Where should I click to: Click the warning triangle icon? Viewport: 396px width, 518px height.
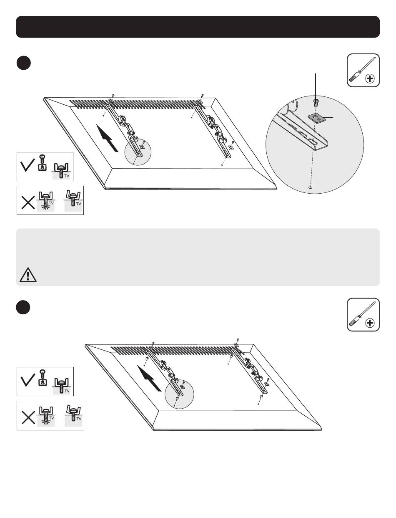27,275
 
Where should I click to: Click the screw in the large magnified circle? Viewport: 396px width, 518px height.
316,101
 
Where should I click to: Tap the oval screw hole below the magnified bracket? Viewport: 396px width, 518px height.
310,188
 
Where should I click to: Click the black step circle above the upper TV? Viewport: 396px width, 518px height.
24,63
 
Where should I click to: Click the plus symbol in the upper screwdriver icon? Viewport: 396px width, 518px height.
370,78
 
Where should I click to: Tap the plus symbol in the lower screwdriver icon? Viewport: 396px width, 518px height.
370,323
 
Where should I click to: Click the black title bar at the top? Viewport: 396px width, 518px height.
198,27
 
